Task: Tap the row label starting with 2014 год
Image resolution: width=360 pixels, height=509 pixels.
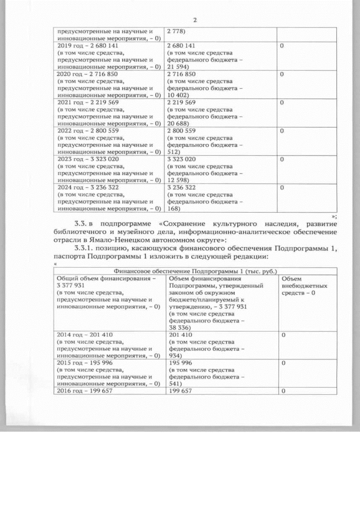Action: click(x=85, y=335)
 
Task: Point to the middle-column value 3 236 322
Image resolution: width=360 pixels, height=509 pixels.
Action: click(x=182, y=187)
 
